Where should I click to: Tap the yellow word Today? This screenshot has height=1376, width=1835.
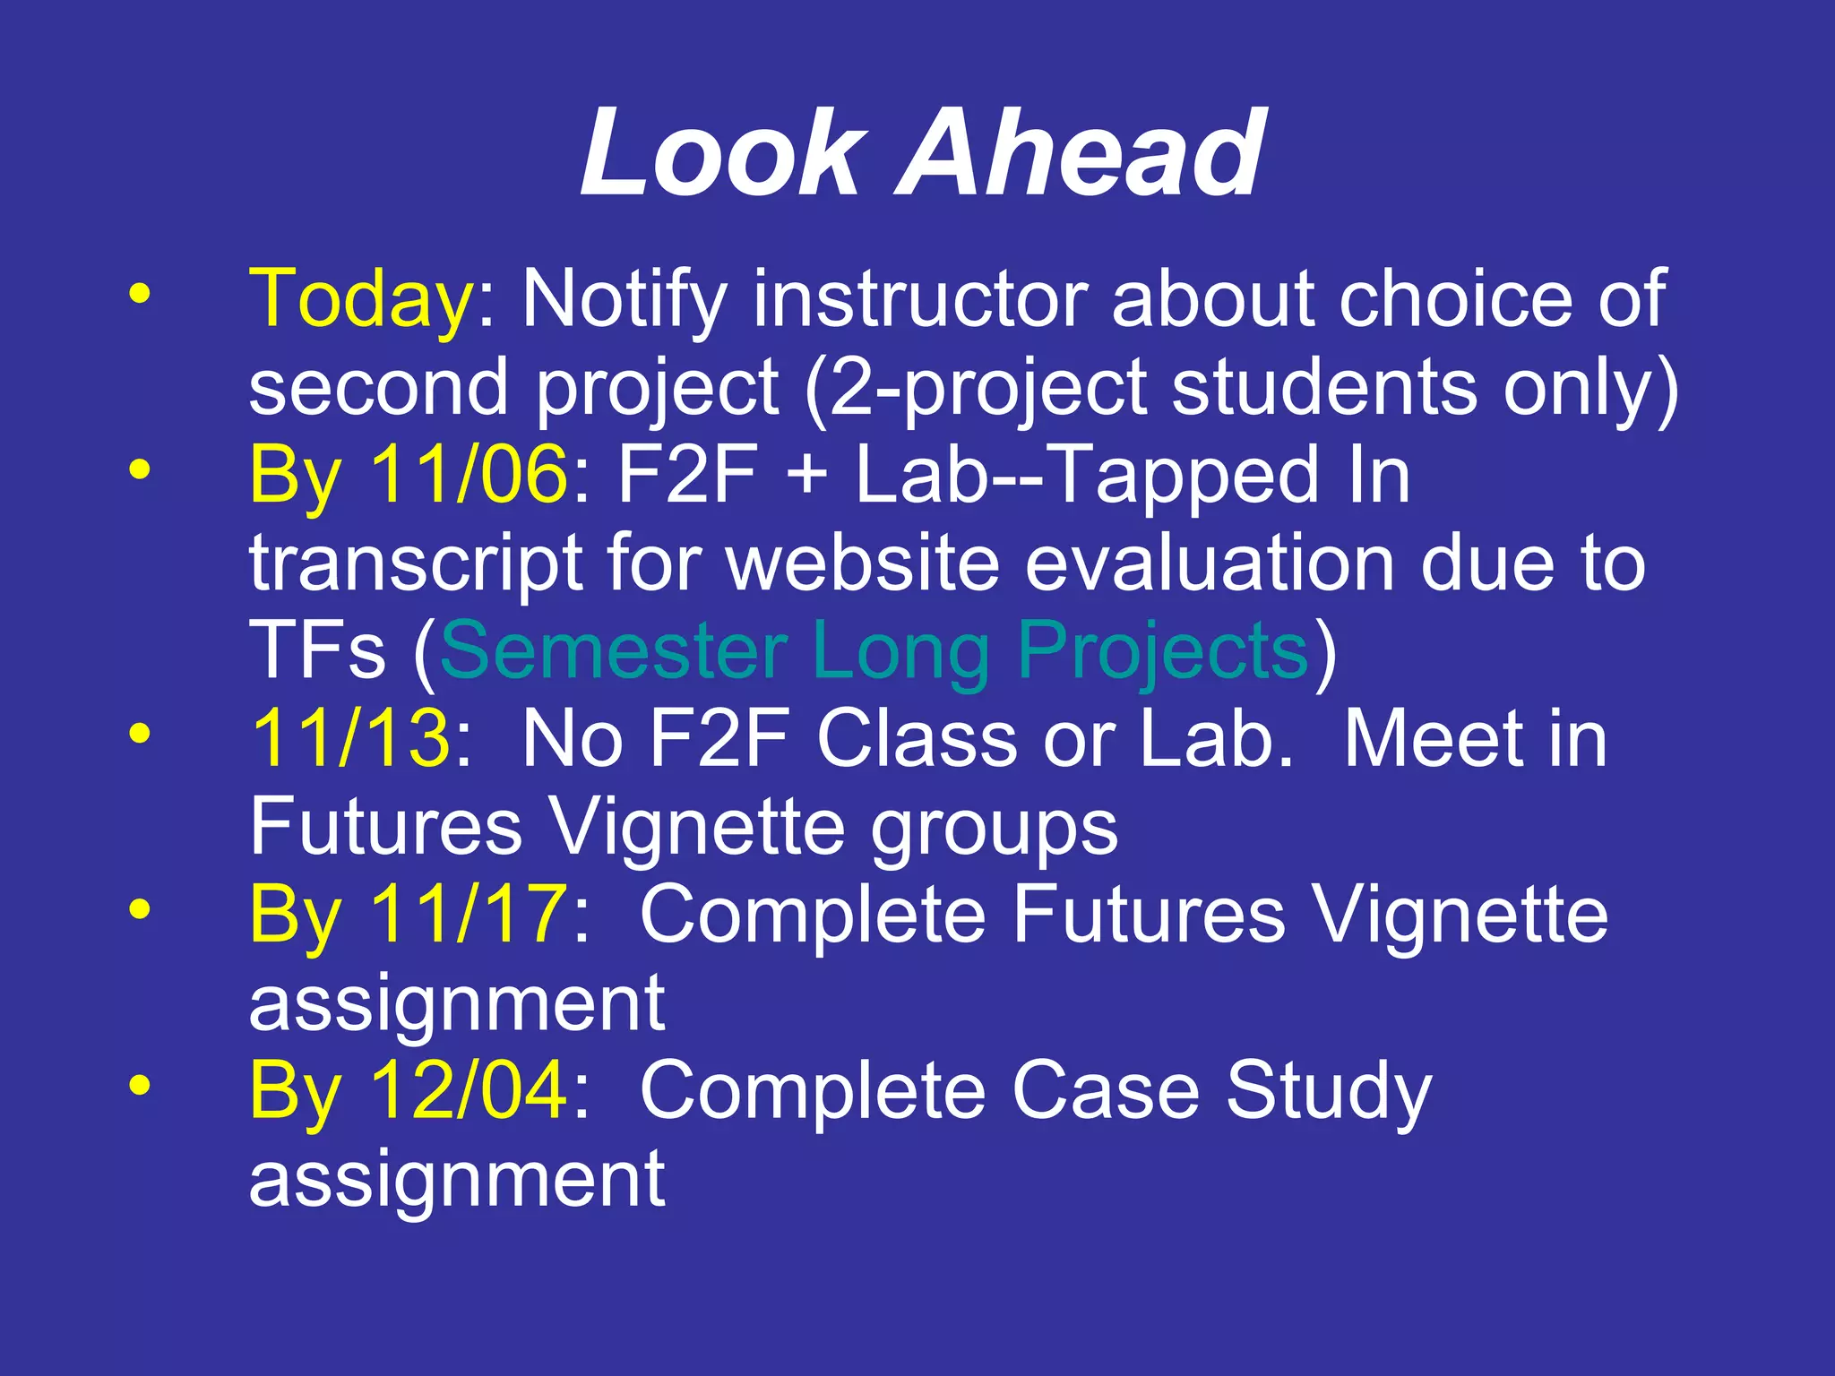[x=361, y=300]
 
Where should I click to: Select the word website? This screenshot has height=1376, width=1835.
[x=863, y=563]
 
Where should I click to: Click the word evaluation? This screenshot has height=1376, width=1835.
[x=1210, y=563]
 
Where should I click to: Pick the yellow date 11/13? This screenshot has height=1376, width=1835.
[x=350, y=738]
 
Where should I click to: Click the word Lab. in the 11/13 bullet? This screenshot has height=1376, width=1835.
[x=1217, y=738]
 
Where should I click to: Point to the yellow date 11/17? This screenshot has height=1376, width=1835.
[x=469, y=914]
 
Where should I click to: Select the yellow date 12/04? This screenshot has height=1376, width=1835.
[x=469, y=1090]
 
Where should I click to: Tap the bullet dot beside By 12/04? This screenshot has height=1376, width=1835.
[x=139, y=1085]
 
